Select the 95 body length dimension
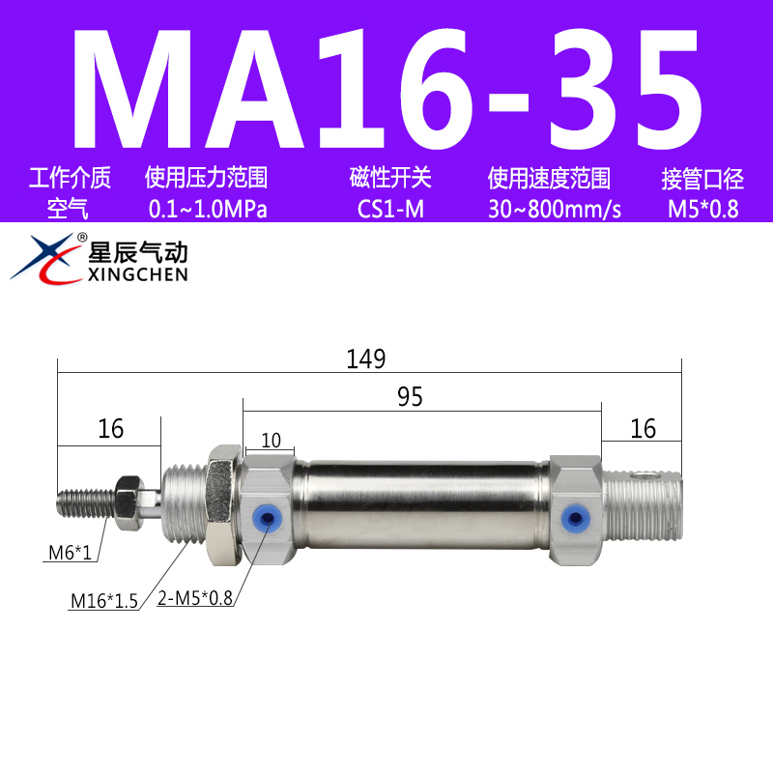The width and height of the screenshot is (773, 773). pos(410,397)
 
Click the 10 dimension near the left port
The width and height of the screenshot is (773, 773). pos(271,441)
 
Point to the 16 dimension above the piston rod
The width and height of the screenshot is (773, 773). pos(111,428)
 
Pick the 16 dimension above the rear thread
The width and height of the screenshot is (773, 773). pos(643,428)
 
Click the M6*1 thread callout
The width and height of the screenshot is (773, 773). pos(72,554)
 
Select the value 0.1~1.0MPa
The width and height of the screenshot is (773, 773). pos(207,209)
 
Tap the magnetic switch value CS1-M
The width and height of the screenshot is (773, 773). pos(389,209)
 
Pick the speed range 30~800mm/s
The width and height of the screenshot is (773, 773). pos(554,209)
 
